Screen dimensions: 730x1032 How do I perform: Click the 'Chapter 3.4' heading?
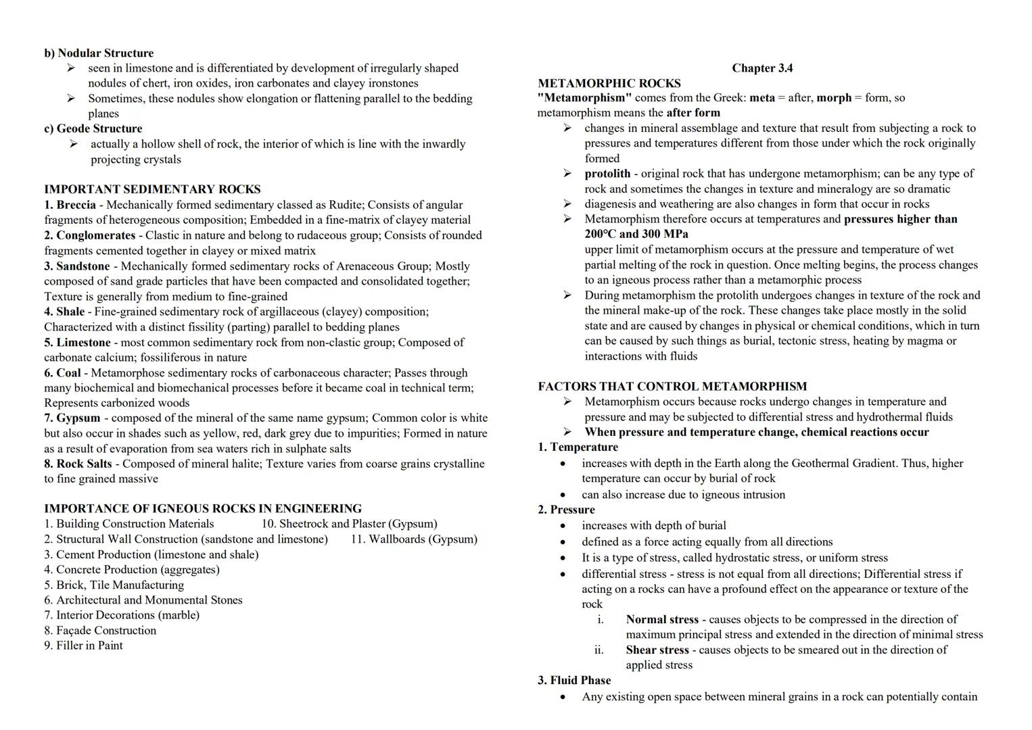click(762, 68)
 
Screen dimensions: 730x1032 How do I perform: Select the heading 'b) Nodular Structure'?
click(99, 53)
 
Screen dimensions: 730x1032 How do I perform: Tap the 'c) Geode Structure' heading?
click(93, 129)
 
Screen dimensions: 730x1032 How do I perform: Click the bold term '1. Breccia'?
click(70, 205)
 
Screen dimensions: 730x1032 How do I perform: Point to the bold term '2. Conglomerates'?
click(90, 235)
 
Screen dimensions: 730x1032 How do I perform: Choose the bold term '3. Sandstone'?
click(77, 266)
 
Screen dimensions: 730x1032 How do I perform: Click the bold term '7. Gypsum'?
click(72, 418)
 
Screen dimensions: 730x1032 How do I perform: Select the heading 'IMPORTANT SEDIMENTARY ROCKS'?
click(152, 190)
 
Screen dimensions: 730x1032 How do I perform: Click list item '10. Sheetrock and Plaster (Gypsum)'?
click(349, 524)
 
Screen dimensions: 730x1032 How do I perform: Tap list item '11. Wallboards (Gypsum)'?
click(414, 539)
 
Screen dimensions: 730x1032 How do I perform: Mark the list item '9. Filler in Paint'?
click(84, 646)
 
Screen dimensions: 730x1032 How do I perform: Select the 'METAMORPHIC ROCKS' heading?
click(609, 84)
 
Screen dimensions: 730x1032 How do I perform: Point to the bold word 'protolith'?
click(607, 174)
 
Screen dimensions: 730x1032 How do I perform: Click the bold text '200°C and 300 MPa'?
click(636, 235)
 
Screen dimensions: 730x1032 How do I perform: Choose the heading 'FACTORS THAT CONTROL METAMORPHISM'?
click(672, 387)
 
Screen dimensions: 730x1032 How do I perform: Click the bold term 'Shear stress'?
click(657, 650)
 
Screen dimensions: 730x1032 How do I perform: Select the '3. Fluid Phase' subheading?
click(574, 681)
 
